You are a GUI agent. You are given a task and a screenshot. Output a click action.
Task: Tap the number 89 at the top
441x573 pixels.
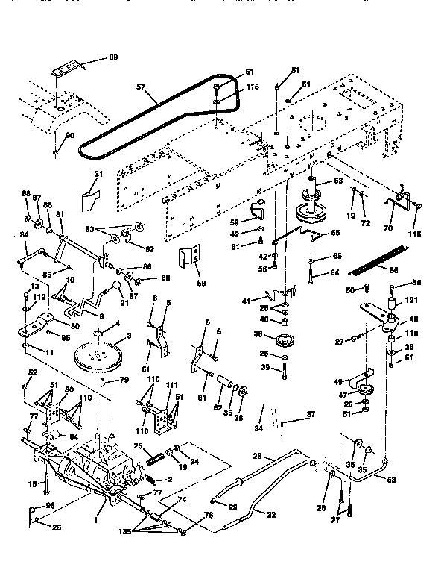tap(113, 57)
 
